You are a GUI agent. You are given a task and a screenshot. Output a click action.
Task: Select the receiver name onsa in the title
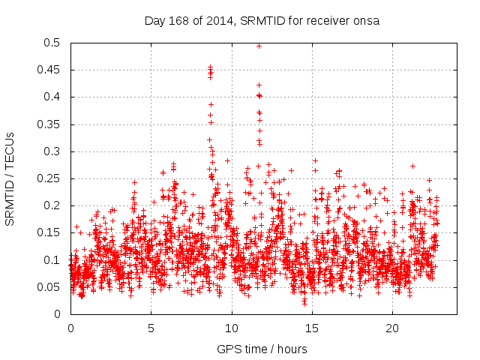364,20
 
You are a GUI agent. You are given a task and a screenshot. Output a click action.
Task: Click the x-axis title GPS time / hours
262,349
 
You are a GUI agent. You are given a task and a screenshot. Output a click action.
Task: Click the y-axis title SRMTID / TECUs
10,178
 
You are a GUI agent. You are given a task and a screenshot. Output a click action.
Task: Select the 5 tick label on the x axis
151,328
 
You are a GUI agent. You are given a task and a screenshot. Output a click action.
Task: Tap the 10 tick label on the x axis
232,328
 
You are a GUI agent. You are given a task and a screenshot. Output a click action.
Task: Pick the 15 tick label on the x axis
312,328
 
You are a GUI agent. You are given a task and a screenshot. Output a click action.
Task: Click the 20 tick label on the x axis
393,328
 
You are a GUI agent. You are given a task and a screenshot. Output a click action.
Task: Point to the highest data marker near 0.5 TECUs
259,46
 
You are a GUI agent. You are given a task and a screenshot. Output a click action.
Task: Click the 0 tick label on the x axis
70,328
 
